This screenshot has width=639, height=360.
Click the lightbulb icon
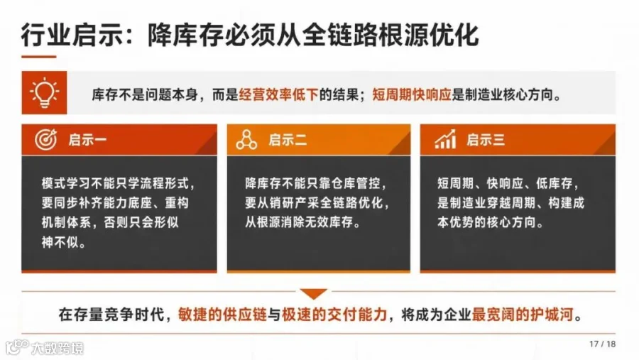point(45,92)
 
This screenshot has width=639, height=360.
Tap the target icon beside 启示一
point(45,139)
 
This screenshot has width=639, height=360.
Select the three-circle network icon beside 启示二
point(246,139)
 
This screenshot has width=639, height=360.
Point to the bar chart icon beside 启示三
point(445,139)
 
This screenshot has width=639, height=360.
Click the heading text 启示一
point(87,140)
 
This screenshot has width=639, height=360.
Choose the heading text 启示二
point(288,140)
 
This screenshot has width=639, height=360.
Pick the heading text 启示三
point(486,140)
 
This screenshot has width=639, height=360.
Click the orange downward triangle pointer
point(313,293)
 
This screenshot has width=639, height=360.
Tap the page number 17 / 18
point(602,344)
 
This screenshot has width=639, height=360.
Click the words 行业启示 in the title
point(72,35)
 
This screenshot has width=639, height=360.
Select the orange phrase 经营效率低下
point(278,94)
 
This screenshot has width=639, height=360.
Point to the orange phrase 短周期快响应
point(412,94)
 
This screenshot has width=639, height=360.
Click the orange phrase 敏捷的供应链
point(222,315)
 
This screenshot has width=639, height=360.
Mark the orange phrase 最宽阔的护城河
point(523,315)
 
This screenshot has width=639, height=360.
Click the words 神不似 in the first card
point(60,242)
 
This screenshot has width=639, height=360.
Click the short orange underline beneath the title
point(39,57)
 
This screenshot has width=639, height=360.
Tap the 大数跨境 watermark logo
point(45,347)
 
